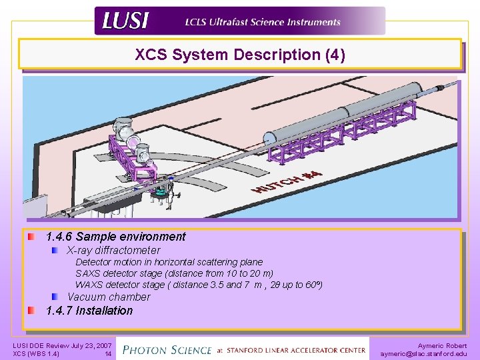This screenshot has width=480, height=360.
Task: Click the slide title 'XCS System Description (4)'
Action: (x=240, y=55)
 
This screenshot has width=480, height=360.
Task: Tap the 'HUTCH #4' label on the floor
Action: (x=287, y=181)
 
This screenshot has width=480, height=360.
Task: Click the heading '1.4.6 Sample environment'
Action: (x=116, y=237)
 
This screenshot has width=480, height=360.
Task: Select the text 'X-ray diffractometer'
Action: (x=114, y=251)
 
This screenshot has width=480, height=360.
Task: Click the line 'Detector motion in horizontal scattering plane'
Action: (x=169, y=263)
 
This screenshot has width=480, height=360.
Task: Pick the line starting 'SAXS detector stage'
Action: (x=175, y=273)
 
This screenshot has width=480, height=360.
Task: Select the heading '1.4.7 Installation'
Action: (x=89, y=311)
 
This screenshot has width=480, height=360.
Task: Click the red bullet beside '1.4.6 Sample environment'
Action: (x=32, y=237)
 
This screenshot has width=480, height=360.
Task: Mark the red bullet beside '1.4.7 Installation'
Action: (x=32, y=311)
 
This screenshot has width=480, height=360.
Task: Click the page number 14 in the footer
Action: (x=108, y=354)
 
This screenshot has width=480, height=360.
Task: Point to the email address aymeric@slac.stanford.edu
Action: (x=423, y=354)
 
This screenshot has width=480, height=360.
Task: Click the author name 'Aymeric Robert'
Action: (x=442, y=346)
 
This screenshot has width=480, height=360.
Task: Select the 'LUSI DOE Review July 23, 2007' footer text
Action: (x=63, y=346)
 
